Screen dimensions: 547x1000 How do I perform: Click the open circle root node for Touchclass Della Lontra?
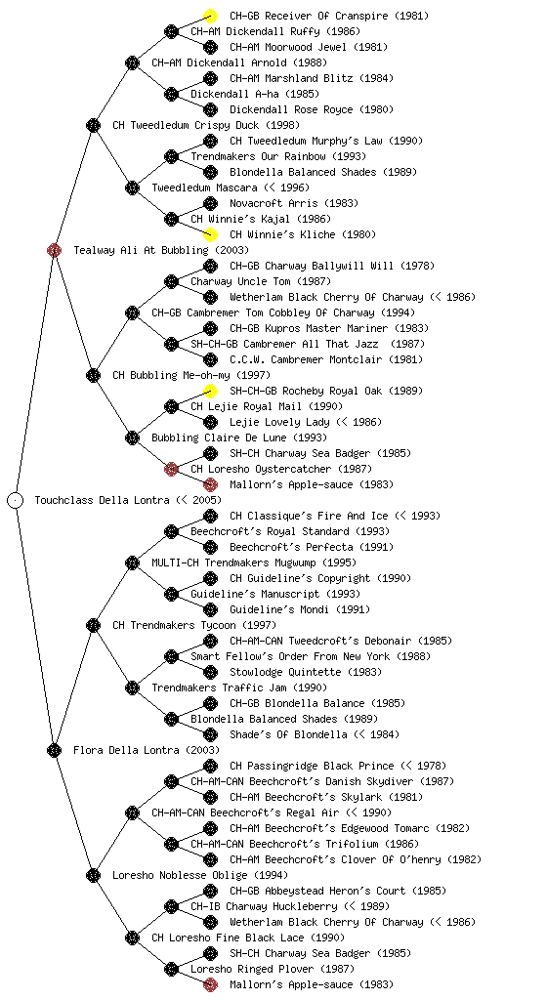pyautogui.click(x=16, y=500)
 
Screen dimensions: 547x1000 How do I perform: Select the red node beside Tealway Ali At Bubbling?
pyautogui.click(x=54, y=250)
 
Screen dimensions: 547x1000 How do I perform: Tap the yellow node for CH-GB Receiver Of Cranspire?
pyautogui.click(x=210, y=16)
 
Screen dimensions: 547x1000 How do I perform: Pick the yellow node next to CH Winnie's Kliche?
pyautogui.click(x=210, y=234)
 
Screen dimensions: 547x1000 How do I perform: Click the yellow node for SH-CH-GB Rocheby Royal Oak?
pyautogui.click(x=210, y=391)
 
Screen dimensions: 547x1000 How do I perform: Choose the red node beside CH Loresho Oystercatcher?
pyautogui.click(x=171, y=469)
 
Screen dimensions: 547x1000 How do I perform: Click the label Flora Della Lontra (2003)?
pyautogui.click(x=146, y=750)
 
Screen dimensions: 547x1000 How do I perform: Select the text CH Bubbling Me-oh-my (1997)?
pyautogui.click(x=191, y=375)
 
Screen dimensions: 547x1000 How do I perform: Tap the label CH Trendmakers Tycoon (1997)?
pyautogui.click(x=194, y=625)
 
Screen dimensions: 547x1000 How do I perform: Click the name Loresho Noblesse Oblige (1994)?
pyautogui.click(x=200, y=875)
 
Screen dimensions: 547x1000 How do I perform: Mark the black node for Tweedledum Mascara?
pyautogui.click(x=132, y=187)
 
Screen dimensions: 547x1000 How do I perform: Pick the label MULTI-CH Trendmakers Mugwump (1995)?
pyautogui.click(x=254, y=562)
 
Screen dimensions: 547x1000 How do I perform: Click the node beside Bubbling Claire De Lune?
pyautogui.click(x=132, y=437)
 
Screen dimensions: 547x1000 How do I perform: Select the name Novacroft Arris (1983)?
pyautogui.click(x=294, y=203)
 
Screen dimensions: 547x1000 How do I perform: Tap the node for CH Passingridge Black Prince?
pyautogui.click(x=210, y=766)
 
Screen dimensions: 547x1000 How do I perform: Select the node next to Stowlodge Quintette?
pyautogui.click(x=210, y=672)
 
